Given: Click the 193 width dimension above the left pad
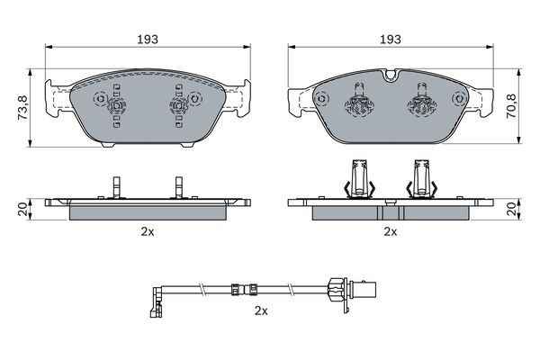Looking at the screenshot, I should point(148,40).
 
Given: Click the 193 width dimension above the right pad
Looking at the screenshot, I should point(390,40).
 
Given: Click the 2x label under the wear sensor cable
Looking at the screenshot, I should point(261,310).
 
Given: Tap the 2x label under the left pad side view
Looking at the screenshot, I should point(148,231).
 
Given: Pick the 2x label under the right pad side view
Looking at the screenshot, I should point(390,231).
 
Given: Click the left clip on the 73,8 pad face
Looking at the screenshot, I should point(116,106).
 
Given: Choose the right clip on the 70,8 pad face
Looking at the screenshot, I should point(420,102).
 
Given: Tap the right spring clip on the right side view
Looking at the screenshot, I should point(421,178).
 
